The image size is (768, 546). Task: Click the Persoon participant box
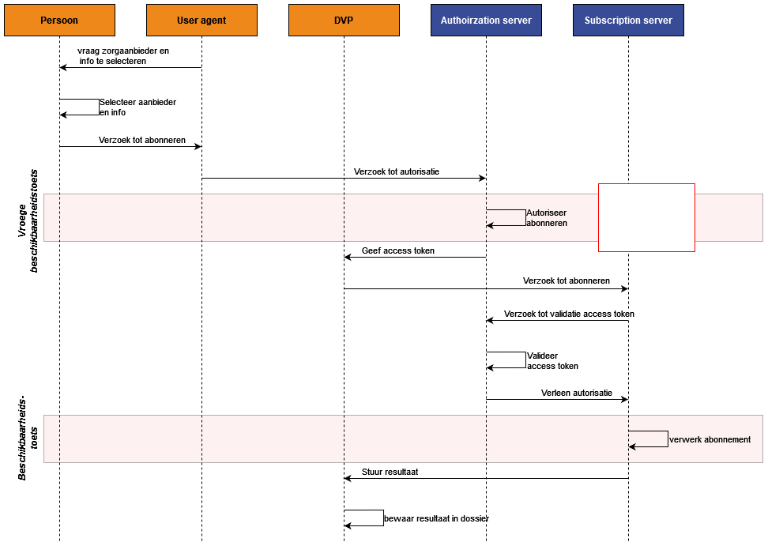(x=59, y=20)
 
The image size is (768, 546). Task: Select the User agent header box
(x=201, y=20)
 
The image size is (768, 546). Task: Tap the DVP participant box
(x=344, y=20)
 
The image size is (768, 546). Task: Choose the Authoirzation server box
(x=487, y=20)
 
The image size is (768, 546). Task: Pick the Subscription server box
(x=628, y=20)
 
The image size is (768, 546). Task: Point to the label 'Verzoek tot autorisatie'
(x=397, y=172)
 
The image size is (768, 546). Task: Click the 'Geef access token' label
(x=398, y=250)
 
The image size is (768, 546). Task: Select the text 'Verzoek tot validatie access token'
(x=569, y=314)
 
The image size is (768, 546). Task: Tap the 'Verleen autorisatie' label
(x=577, y=393)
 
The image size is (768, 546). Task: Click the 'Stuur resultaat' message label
(x=390, y=472)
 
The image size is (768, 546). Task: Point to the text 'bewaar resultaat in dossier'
(x=436, y=518)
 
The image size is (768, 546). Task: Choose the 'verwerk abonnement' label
(x=710, y=440)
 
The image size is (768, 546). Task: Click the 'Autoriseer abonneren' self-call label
(x=547, y=218)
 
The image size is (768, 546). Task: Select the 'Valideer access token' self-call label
(x=552, y=361)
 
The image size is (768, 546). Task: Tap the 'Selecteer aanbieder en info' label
(x=137, y=107)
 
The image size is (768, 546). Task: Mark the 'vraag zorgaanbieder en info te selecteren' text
(x=123, y=56)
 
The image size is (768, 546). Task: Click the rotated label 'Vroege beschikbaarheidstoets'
(x=28, y=220)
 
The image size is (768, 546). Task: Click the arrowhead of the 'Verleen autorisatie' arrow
(x=625, y=400)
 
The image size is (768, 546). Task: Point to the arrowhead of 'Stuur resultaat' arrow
(x=348, y=478)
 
